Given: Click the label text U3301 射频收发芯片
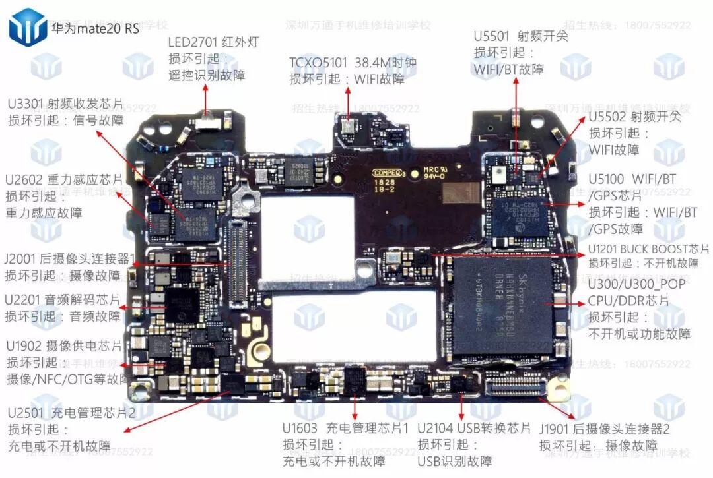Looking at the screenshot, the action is (66, 104).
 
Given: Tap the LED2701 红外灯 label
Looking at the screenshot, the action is (214, 42).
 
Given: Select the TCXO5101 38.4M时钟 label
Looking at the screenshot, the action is (353, 63).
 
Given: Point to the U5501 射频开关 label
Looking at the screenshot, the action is (521, 36).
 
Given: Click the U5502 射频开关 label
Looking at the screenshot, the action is (635, 117).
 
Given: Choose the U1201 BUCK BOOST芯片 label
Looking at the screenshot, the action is (648, 249).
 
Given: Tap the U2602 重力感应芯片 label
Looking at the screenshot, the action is (64, 179).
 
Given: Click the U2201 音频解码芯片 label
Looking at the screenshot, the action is (63, 299).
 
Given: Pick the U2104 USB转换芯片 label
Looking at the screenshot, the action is (474, 427).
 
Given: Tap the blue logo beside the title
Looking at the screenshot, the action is (27, 27).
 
